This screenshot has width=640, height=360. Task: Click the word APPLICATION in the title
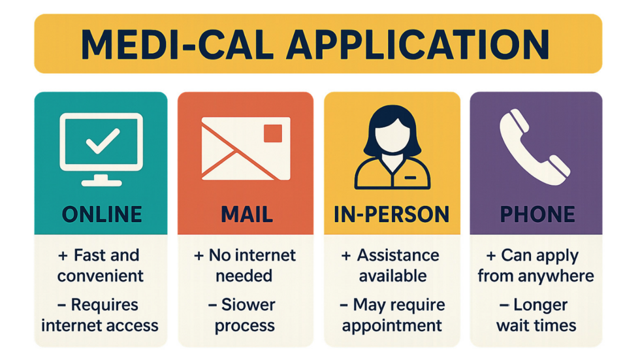417,44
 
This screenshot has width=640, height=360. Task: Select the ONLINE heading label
101,214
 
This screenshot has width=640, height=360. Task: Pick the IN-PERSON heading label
392,214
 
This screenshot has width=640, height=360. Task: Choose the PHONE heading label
536,214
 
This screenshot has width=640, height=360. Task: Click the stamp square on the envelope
272,133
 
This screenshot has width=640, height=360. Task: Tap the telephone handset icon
533,144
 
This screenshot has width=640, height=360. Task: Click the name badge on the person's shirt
411,176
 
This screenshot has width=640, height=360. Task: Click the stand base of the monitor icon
101,180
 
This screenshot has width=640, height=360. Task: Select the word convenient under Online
101,276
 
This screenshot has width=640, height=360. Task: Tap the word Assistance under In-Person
399,255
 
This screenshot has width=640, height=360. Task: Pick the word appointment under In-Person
392,325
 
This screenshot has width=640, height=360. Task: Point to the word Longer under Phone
545,304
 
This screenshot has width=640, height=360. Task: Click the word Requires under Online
104,304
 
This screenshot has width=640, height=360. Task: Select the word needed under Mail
244,276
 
